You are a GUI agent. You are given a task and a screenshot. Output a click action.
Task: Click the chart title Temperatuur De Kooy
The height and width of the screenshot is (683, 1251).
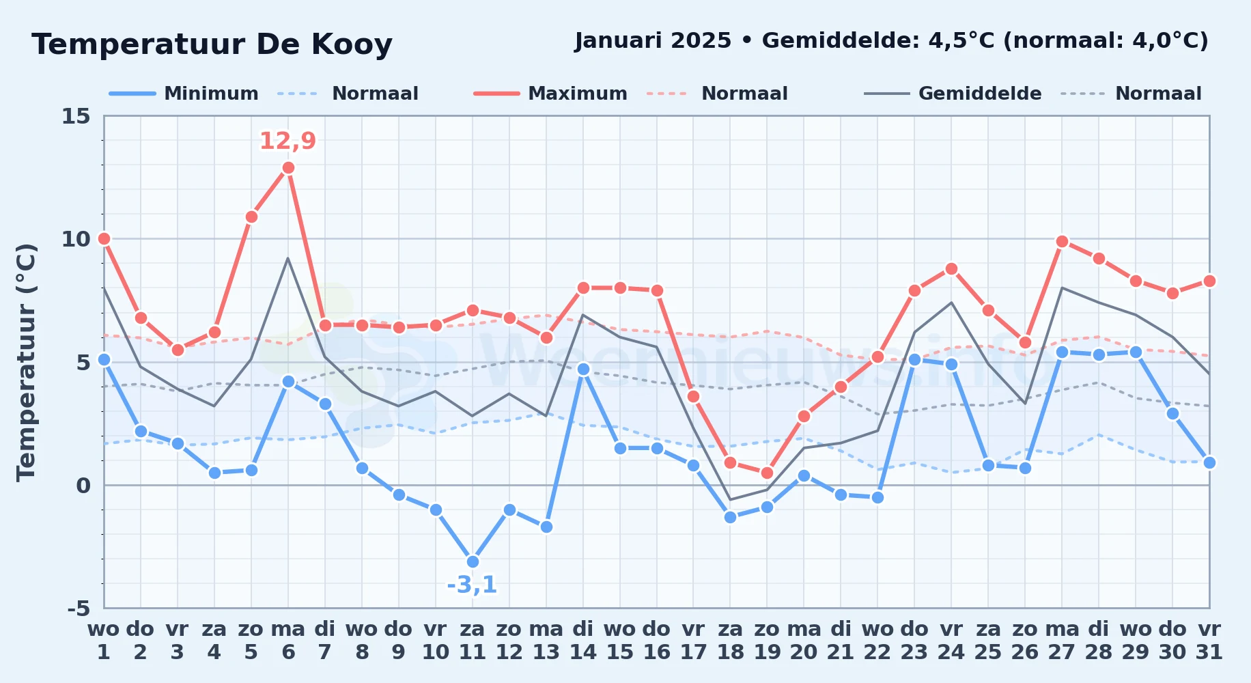click(212, 44)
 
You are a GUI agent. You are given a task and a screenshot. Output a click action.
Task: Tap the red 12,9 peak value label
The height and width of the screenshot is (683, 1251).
click(287, 141)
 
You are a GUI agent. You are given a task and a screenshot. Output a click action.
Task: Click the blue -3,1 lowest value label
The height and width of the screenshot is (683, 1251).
click(472, 585)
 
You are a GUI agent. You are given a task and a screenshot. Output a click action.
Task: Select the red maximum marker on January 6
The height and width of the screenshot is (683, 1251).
click(288, 167)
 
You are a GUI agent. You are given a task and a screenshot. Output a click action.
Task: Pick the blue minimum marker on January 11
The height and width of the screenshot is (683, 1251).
click(473, 561)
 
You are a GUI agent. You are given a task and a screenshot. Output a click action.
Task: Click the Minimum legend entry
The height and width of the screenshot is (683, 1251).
click(184, 94)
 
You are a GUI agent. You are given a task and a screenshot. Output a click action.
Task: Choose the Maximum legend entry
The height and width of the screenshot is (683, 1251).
click(550, 94)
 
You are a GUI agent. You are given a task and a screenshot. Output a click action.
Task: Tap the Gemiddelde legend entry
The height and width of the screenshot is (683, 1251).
click(953, 94)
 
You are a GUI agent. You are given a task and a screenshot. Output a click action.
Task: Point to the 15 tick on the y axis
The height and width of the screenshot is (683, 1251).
click(76, 116)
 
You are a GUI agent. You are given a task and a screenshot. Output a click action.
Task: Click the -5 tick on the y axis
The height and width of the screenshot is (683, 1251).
click(79, 608)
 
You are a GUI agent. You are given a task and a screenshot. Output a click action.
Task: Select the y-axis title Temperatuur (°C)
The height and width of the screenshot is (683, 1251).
click(26, 362)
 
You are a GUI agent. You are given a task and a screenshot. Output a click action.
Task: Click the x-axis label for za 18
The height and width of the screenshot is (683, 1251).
click(730, 641)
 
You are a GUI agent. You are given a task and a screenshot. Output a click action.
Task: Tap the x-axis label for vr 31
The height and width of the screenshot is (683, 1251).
click(1209, 641)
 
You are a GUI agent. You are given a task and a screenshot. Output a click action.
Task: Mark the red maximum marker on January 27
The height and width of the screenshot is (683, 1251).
click(1062, 241)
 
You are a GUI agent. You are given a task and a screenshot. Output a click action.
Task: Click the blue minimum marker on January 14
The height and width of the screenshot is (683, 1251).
click(583, 369)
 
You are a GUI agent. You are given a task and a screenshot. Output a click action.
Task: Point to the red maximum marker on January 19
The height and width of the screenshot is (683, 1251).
click(767, 473)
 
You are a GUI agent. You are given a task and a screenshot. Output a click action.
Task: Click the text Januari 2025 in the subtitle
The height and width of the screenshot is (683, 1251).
click(653, 41)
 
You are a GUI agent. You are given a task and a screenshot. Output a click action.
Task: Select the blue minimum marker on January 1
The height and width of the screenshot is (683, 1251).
click(104, 359)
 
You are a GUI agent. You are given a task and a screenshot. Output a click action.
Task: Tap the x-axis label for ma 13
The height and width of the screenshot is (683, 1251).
click(546, 641)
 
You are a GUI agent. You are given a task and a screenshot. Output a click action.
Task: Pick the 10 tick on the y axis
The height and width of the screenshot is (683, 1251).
click(76, 239)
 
